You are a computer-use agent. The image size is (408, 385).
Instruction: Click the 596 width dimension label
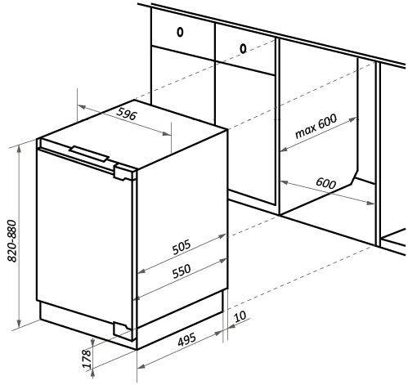click(126, 114)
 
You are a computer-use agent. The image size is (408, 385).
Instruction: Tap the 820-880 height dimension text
click(12, 241)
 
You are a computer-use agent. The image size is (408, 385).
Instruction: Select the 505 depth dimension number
click(182, 247)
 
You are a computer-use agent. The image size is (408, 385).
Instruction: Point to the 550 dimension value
click(182, 271)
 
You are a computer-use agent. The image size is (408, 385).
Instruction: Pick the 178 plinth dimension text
click(87, 359)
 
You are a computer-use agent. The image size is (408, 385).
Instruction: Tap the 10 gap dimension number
click(240, 316)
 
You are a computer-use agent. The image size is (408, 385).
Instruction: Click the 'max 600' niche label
click(316, 126)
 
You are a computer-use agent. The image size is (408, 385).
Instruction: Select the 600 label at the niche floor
click(326, 183)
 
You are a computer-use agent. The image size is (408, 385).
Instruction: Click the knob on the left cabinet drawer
click(180, 32)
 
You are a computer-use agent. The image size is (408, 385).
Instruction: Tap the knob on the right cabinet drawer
click(243, 48)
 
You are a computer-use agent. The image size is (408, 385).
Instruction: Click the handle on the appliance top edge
click(89, 154)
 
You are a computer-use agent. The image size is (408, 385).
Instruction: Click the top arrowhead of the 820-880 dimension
click(19, 149)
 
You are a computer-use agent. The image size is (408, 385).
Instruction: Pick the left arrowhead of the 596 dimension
click(82, 107)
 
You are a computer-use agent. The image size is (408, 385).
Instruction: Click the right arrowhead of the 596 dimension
click(167, 133)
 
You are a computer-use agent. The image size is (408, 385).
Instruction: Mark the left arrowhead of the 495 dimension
click(141, 366)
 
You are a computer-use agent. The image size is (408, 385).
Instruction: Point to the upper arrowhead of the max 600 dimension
click(352, 119)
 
